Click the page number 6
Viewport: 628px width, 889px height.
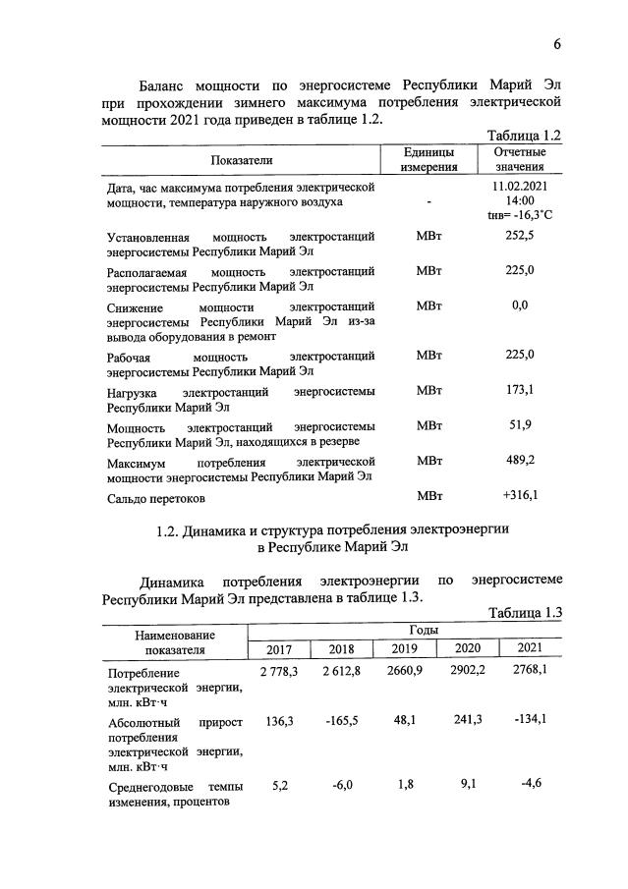tap(557, 46)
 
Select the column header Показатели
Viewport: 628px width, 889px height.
tap(241, 159)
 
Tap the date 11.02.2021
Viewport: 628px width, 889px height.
tap(520, 186)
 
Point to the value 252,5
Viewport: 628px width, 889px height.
tap(519, 236)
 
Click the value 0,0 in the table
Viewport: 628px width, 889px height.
tap(520, 306)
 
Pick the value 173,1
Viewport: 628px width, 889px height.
tap(519, 391)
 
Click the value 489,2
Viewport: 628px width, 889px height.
tap(519, 459)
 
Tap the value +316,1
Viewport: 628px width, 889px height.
tap(519, 495)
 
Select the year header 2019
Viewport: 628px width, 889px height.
tap(404, 649)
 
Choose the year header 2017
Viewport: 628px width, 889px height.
tap(278, 649)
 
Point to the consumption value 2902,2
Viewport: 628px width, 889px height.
tap(466, 672)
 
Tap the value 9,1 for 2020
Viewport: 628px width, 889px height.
tap(467, 784)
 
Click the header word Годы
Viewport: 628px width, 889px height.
tap(404, 630)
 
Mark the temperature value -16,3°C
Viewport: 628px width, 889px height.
tap(528, 214)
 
